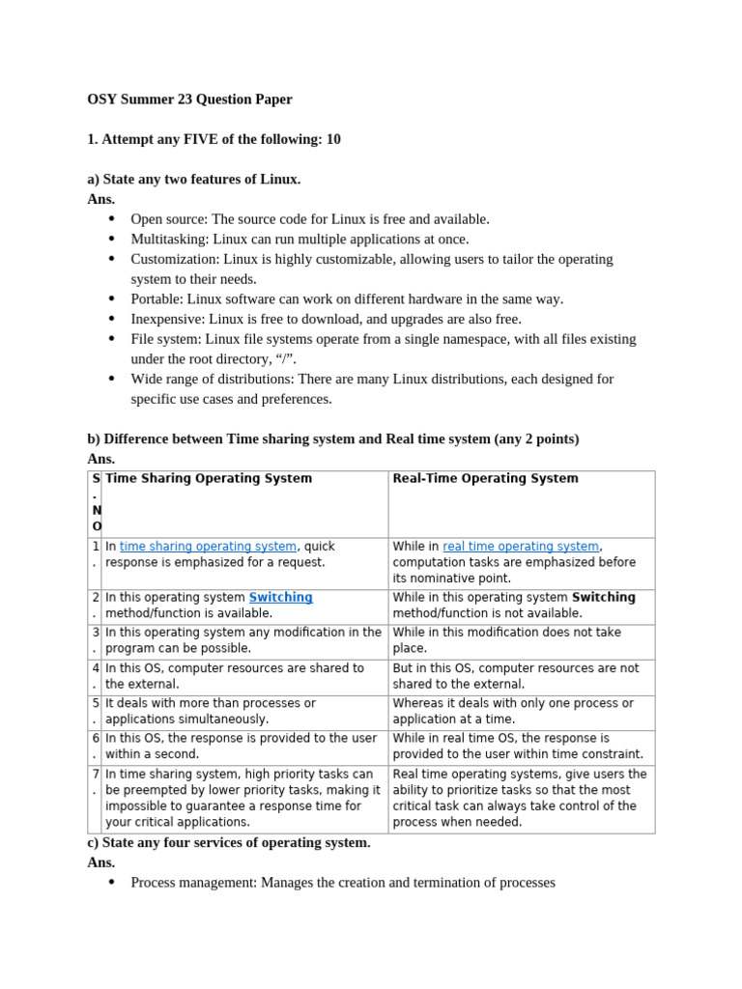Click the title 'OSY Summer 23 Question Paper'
point(189,99)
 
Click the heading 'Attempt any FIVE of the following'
point(214,139)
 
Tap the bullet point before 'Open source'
point(112,219)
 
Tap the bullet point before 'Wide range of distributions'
point(112,379)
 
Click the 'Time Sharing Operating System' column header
point(209,479)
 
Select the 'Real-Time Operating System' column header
point(485,479)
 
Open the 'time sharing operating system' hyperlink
point(208,547)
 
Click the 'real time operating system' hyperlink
point(521,547)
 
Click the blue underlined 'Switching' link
point(280,598)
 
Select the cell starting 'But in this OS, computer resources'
point(516,676)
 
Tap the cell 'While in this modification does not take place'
point(506,640)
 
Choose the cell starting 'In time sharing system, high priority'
point(243,798)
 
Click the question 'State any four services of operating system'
point(228,842)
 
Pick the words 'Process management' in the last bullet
point(192,883)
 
